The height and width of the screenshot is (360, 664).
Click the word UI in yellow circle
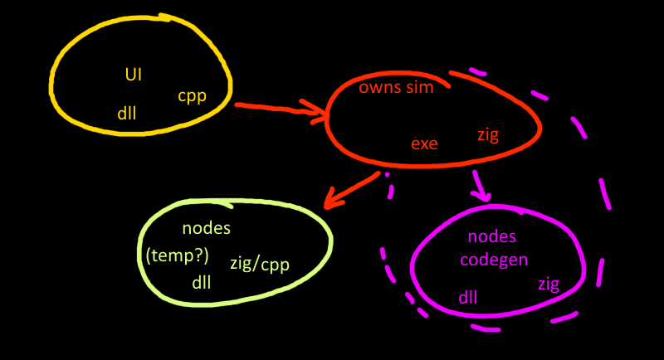coord(134,75)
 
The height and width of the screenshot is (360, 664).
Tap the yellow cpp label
coord(192,95)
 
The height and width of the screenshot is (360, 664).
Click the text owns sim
coord(396,88)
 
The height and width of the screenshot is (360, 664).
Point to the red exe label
coord(424,143)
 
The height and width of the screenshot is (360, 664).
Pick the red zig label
coord(488,134)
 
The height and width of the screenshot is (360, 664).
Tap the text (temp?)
coord(177,255)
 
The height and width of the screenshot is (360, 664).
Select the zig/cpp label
coord(259,265)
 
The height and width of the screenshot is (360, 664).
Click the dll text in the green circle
coord(201,282)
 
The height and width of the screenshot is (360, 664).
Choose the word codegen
coord(494,260)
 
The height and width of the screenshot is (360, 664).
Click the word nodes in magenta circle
coord(492,238)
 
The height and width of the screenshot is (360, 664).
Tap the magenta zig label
coord(549,284)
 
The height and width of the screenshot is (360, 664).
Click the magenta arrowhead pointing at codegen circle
coord(481,195)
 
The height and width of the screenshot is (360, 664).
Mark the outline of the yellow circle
coord(52,83)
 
